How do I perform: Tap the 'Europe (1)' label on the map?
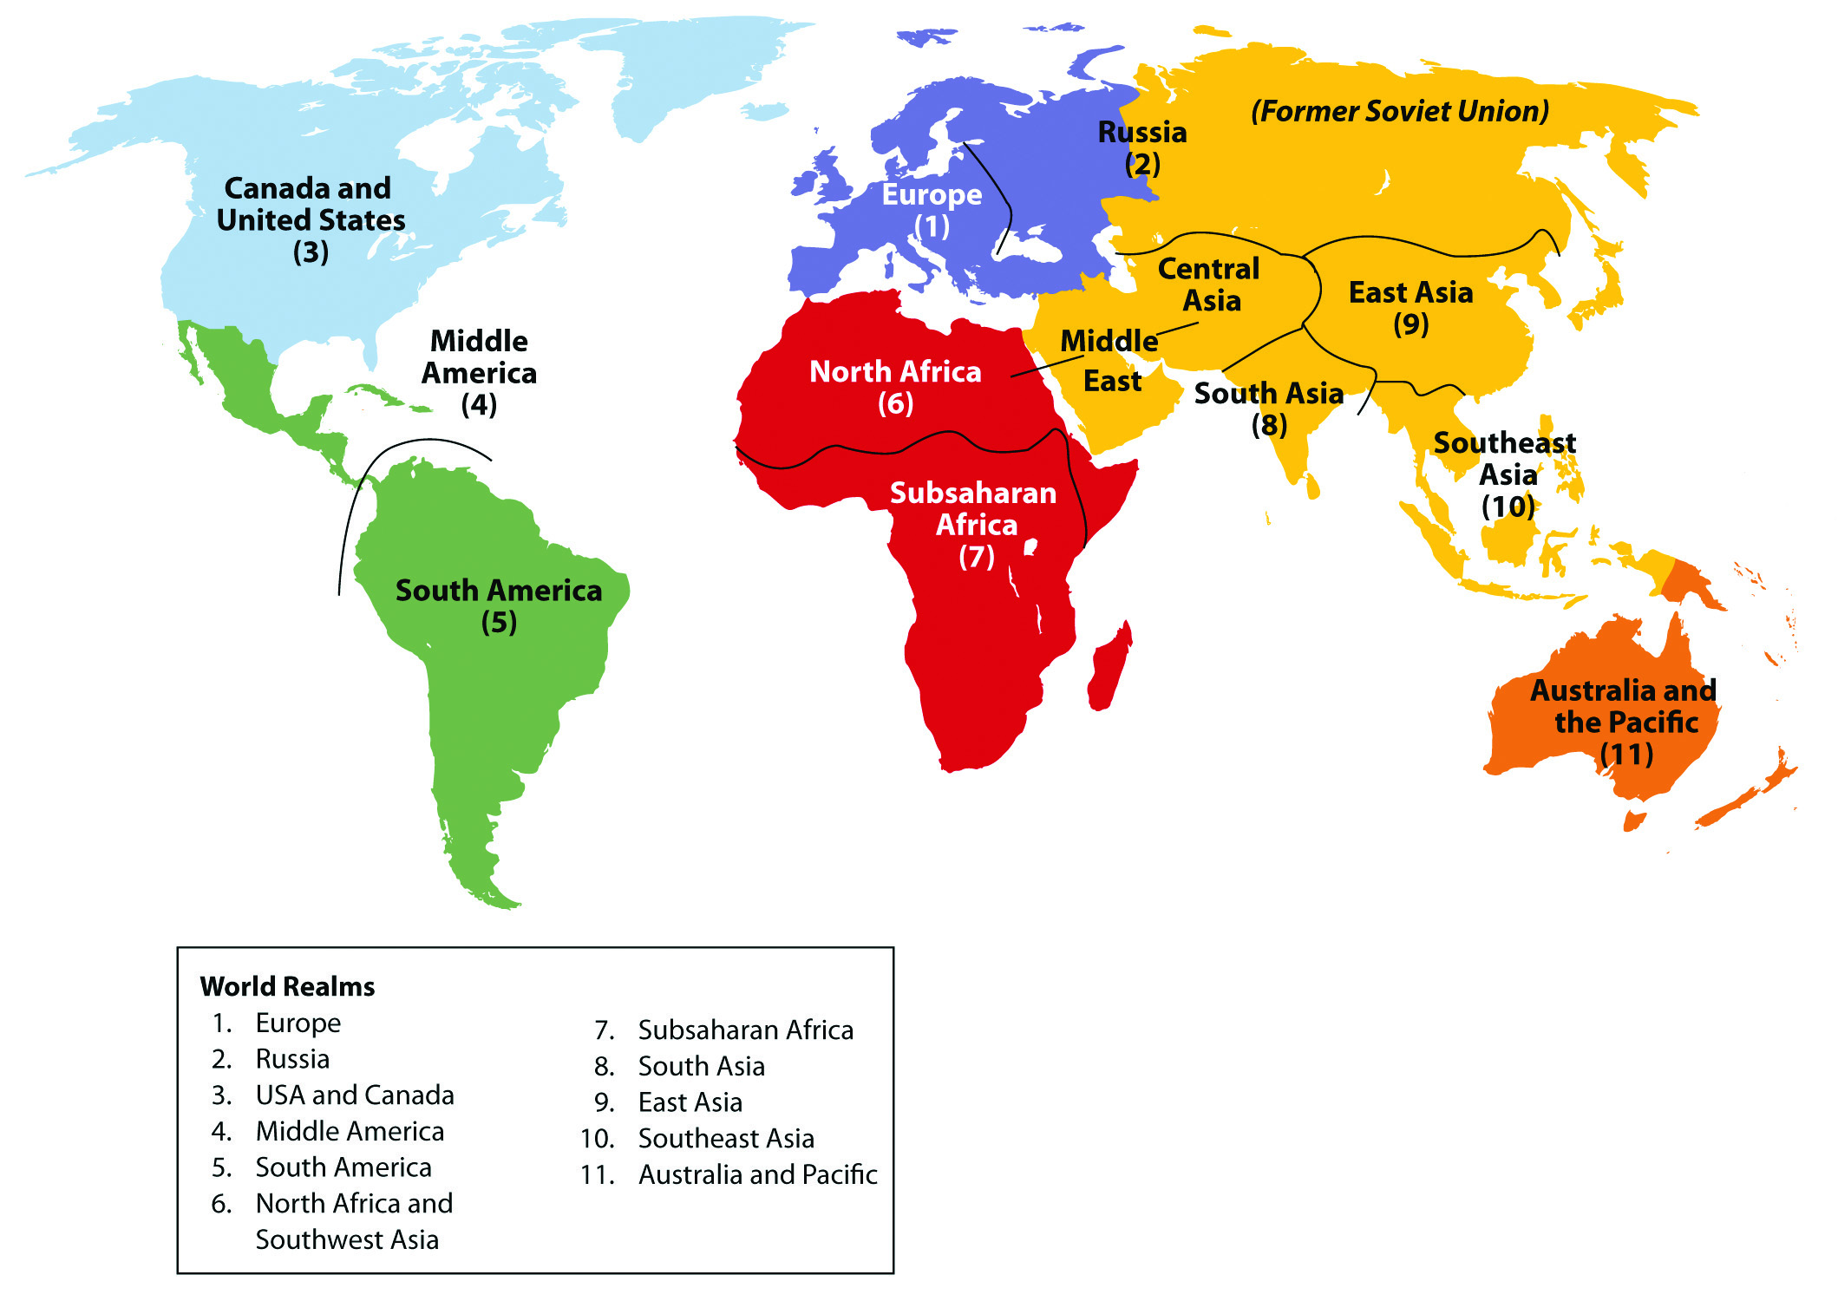click(932, 210)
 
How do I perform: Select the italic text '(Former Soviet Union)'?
click(1399, 111)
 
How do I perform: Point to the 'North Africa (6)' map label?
click(895, 386)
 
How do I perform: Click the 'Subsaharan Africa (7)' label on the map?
click(974, 524)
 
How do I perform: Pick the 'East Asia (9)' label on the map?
click(1410, 308)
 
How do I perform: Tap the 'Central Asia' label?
click(1209, 284)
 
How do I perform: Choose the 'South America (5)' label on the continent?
click(499, 605)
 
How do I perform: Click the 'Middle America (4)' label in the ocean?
click(479, 372)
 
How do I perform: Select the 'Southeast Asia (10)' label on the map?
click(1506, 474)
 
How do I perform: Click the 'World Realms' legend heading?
click(287, 986)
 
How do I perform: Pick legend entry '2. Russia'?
click(292, 1059)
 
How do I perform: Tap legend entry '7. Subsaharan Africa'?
click(744, 1030)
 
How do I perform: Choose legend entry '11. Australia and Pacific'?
click(756, 1174)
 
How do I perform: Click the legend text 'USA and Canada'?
click(355, 1095)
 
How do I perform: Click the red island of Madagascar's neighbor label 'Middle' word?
click(1109, 341)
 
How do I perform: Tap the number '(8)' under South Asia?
click(1269, 425)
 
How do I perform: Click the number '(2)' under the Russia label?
click(1142, 163)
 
